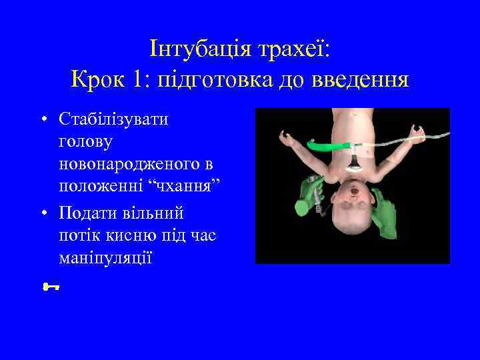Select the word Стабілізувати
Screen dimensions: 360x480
coord(114,119)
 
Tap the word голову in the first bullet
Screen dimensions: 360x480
coord(85,141)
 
